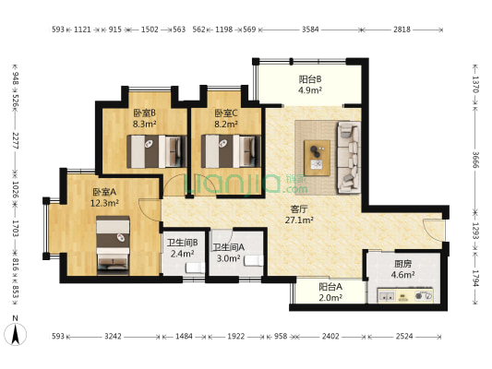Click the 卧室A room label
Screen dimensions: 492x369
click(104, 192)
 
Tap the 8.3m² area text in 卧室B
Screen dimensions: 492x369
click(144, 125)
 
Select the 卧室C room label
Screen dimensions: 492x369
click(226, 113)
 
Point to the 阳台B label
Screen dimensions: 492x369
click(310, 79)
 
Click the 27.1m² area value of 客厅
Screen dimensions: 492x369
click(299, 220)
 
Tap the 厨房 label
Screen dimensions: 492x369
click(402, 264)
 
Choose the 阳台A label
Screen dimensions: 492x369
click(330, 287)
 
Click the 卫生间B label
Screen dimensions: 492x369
click(182, 243)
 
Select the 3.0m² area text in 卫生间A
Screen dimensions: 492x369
click(228, 258)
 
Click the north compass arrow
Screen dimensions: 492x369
click(16, 334)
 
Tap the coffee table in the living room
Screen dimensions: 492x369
click(317, 158)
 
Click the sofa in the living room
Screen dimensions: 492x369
click(348, 158)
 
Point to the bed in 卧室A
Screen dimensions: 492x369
click(113, 244)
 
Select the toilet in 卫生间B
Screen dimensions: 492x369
click(195, 268)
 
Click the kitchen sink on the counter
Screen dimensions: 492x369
click(387, 296)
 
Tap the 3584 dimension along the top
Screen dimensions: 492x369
click(310, 30)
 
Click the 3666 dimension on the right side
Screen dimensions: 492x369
click(475, 160)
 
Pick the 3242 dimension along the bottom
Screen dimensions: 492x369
click(113, 337)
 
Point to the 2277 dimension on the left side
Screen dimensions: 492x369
click(16, 140)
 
